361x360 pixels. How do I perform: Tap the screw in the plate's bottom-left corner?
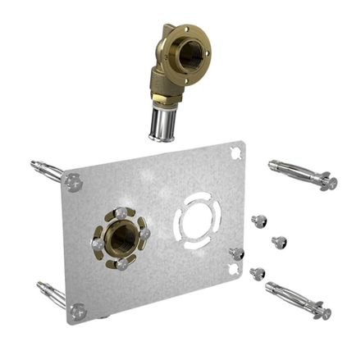(x=78, y=310)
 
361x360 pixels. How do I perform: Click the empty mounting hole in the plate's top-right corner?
(x=237, y=153)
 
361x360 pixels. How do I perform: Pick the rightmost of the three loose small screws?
(x=280, y=242)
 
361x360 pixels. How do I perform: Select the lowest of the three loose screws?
(x=259, y=273)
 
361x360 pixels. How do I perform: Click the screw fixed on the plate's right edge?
(x=237, y=253)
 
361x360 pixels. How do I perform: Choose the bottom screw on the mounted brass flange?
(x=121, y=263)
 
